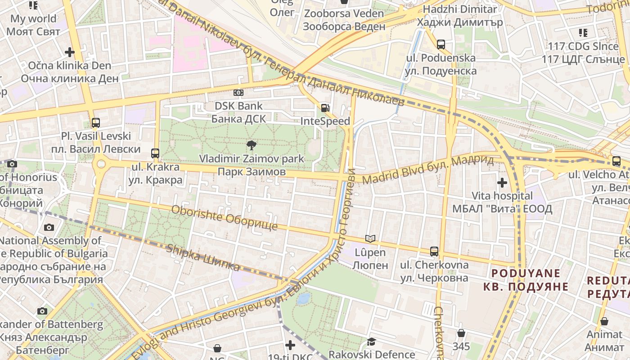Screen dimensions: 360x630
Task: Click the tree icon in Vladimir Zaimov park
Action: click(252, 145)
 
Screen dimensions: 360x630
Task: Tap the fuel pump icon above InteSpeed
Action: click(324, 108)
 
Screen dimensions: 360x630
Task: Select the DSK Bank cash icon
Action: click(238, 93)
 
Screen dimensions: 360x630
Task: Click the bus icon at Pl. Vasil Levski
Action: click(95, 122)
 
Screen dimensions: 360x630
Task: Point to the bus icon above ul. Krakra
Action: click(155, 153)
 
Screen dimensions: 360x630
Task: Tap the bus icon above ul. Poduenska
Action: click(441, 45)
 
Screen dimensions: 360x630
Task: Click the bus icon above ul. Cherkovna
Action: click(434, 251)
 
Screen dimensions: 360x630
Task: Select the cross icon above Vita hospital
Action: click(502, 182)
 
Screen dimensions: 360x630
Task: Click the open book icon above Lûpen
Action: click(370, 239)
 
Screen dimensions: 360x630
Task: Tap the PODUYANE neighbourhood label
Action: click(526, 279)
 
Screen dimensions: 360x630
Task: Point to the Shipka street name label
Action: click(203, 258)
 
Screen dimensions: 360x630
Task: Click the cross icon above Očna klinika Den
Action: click(69, 52)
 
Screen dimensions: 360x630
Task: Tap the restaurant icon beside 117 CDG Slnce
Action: click(583, 32)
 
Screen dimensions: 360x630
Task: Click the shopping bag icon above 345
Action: click(461, 333)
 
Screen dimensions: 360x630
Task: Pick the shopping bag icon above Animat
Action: click(604, 321)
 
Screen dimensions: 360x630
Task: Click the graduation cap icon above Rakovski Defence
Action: click(371, 342)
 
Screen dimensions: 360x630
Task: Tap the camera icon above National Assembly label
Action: click(49, 227)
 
